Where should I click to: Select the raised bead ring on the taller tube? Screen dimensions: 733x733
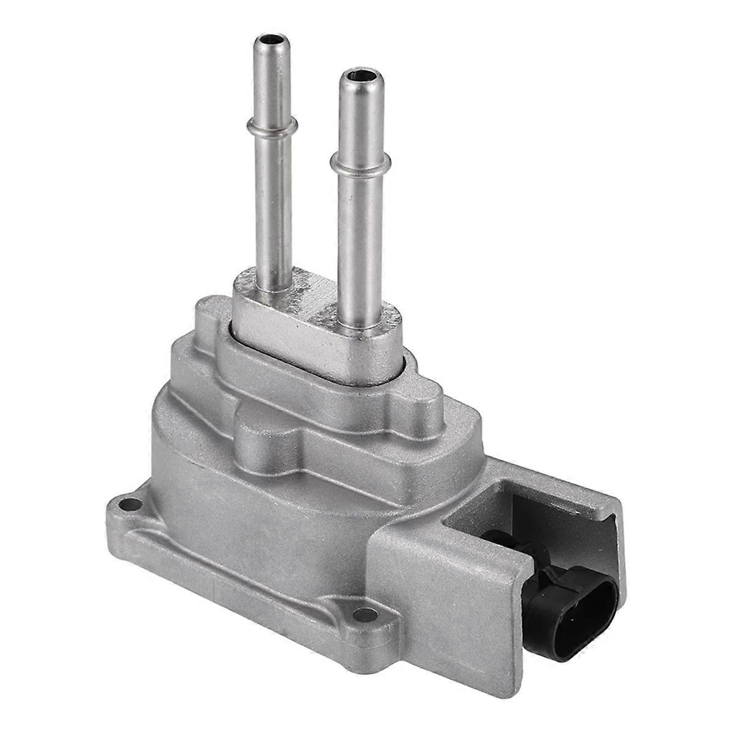click(271, 126)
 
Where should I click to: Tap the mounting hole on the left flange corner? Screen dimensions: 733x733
click(127, 505)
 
